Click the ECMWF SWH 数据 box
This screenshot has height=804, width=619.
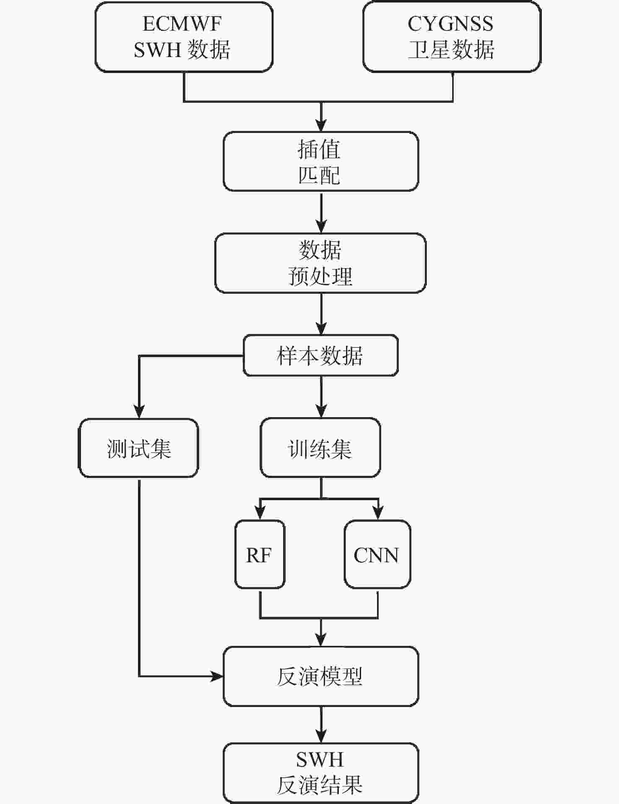[184, 37]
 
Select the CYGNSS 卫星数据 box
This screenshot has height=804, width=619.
[452, 37]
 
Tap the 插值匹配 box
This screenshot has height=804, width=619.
[321, 162]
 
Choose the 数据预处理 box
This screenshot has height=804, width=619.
[321, 263]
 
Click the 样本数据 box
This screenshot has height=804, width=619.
[321, 355]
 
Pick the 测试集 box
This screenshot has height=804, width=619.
[139, 448]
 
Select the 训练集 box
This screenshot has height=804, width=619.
[321, 448]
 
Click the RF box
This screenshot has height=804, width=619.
[260, 555]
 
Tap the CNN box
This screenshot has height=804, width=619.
[377, 555]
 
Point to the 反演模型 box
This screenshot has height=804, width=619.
[321, 676]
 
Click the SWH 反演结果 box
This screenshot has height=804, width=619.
[321, 773]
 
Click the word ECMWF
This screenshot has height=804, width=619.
[182, 24]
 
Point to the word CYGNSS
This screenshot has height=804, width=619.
[450, 24]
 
